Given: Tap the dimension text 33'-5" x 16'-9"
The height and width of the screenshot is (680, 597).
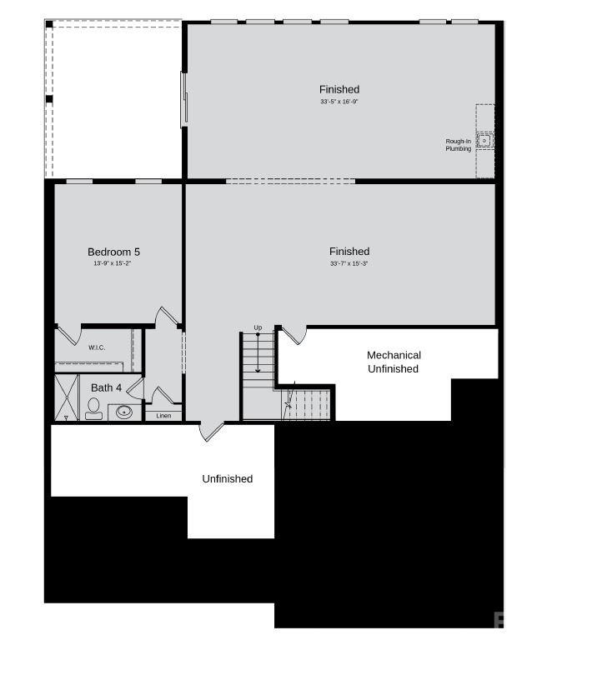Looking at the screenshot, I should coord(339,102).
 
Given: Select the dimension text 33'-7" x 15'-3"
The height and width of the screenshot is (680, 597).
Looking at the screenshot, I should coord(349,263).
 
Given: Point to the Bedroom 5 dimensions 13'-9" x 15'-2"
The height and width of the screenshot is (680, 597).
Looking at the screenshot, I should coord(113,263).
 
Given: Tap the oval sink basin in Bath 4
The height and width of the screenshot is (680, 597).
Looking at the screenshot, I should coord(125,411).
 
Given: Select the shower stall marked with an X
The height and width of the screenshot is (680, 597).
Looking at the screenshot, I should coord(66,397).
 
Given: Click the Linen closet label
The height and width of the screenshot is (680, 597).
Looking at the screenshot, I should coord(163,416).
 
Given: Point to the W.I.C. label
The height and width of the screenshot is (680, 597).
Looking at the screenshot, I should coord(97,347).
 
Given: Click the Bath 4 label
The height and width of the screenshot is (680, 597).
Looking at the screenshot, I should coord(106,387).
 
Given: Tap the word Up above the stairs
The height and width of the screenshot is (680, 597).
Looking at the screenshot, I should coord(258,327).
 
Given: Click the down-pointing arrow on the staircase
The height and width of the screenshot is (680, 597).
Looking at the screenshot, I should coord(258,367).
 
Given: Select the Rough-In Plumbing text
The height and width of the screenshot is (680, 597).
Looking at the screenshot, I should coord(458,145).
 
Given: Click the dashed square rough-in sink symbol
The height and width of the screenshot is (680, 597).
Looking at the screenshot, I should coord(485,141).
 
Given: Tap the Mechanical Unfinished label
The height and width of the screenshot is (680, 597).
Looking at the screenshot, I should coord(394,362).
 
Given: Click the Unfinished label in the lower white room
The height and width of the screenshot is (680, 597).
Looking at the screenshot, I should coord(227,478).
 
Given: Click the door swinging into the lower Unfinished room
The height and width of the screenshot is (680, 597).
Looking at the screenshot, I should coord(212,430).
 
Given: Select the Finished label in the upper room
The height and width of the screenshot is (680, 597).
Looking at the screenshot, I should coord(339,89).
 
